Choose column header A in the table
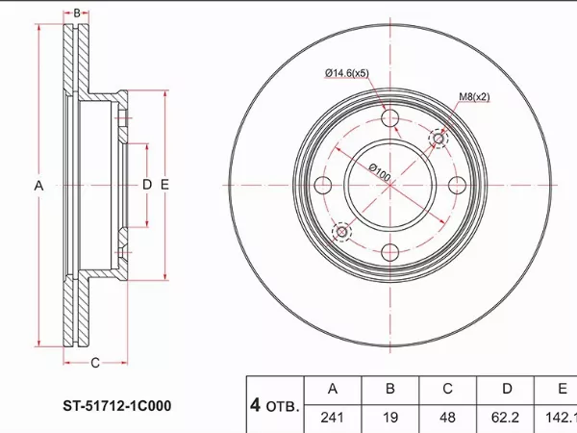click(x=333, y=390)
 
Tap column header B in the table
click(x=390, y=390)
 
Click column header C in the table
click(x=447, y=390)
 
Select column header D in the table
click(x=505, y=390)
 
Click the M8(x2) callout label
click(x=474, y=96)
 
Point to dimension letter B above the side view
click(x=77, y=13)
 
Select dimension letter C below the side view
click(x=94, y=363)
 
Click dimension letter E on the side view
click(x=165, y=185)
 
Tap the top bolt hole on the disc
click(x=390, y=118)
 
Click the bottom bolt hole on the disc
click(x=390, y=252)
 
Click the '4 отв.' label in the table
click(x=275, y=404)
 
